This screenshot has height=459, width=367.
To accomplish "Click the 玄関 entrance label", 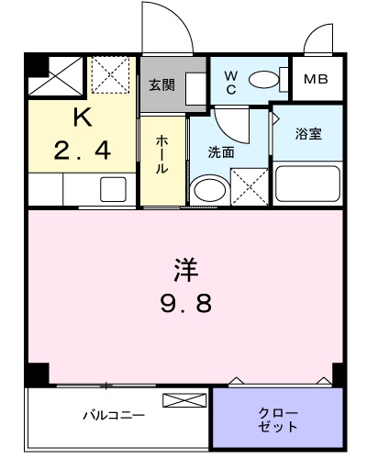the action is (161, 85).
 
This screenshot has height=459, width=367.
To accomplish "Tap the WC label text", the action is (231, 83).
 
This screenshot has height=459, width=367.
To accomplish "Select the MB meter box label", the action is (316, 79).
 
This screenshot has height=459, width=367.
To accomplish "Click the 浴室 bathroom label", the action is (308, 134).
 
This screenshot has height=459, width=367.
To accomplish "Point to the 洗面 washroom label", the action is (221, 152).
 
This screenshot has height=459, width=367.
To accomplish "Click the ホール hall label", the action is (161, 155).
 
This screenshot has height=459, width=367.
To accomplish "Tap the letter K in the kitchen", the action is (83, 118).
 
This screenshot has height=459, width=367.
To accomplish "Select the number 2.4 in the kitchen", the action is (82, 151).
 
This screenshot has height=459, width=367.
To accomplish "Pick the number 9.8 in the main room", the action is (186, 303).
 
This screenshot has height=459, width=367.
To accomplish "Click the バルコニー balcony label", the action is (114, 416).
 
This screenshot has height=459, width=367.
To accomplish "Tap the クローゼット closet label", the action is (278, 420).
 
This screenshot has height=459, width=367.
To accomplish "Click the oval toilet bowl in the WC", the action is (264, 80).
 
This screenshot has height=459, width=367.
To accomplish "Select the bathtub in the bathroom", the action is (307, 184).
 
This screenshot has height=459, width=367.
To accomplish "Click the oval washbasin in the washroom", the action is (210, 190).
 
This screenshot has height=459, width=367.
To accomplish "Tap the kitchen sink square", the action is (113, 189).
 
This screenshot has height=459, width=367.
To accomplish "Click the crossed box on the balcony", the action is (184, 400).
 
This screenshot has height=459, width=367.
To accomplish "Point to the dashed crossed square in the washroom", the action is (250, 186).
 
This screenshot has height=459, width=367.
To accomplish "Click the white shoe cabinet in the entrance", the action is (195, 89).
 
